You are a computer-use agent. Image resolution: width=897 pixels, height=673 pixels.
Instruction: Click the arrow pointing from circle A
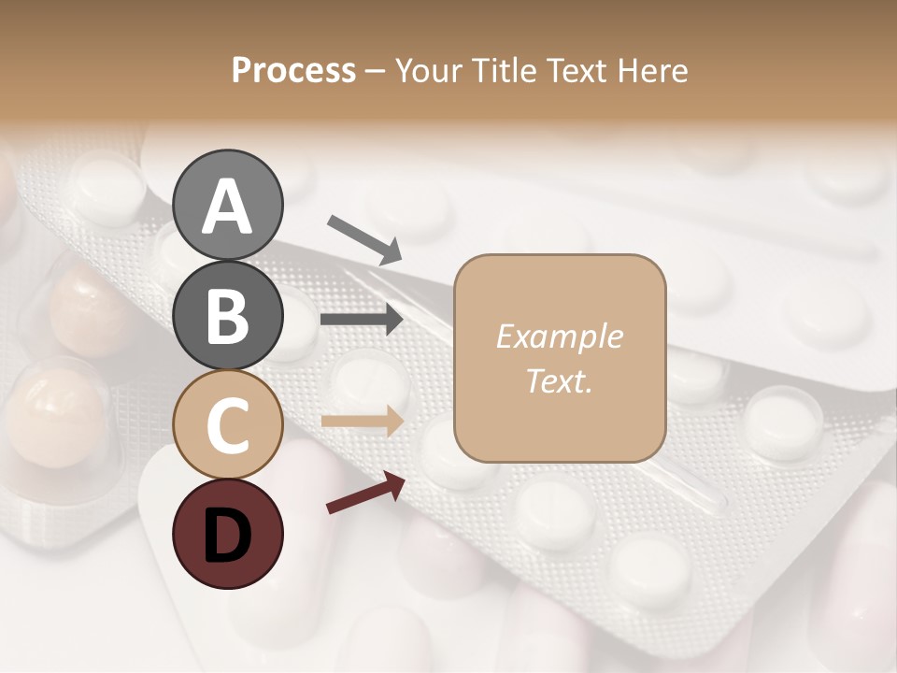coord(363,239)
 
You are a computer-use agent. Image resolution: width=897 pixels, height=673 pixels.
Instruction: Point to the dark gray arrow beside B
coord(362,320)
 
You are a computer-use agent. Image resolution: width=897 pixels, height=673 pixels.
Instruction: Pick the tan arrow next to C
coord(362,422)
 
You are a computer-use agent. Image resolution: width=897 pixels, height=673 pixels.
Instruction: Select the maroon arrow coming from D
coord(364,493)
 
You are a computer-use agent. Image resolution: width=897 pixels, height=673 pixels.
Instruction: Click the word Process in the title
coord(293,71)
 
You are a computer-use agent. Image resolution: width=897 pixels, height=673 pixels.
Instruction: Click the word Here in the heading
coord(653,71)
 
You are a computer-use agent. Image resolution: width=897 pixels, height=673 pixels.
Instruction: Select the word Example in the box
coord(559,337)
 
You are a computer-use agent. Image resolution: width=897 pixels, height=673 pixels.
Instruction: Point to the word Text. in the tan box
coord(559,380)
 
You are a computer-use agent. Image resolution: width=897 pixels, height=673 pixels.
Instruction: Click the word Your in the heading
coord(427,71)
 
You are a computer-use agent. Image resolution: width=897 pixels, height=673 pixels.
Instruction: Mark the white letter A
coord(228,208)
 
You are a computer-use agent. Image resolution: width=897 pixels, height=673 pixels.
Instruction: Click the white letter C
coord(228,425)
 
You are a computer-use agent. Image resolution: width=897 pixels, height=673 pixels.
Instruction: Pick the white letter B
coord(228,316)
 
